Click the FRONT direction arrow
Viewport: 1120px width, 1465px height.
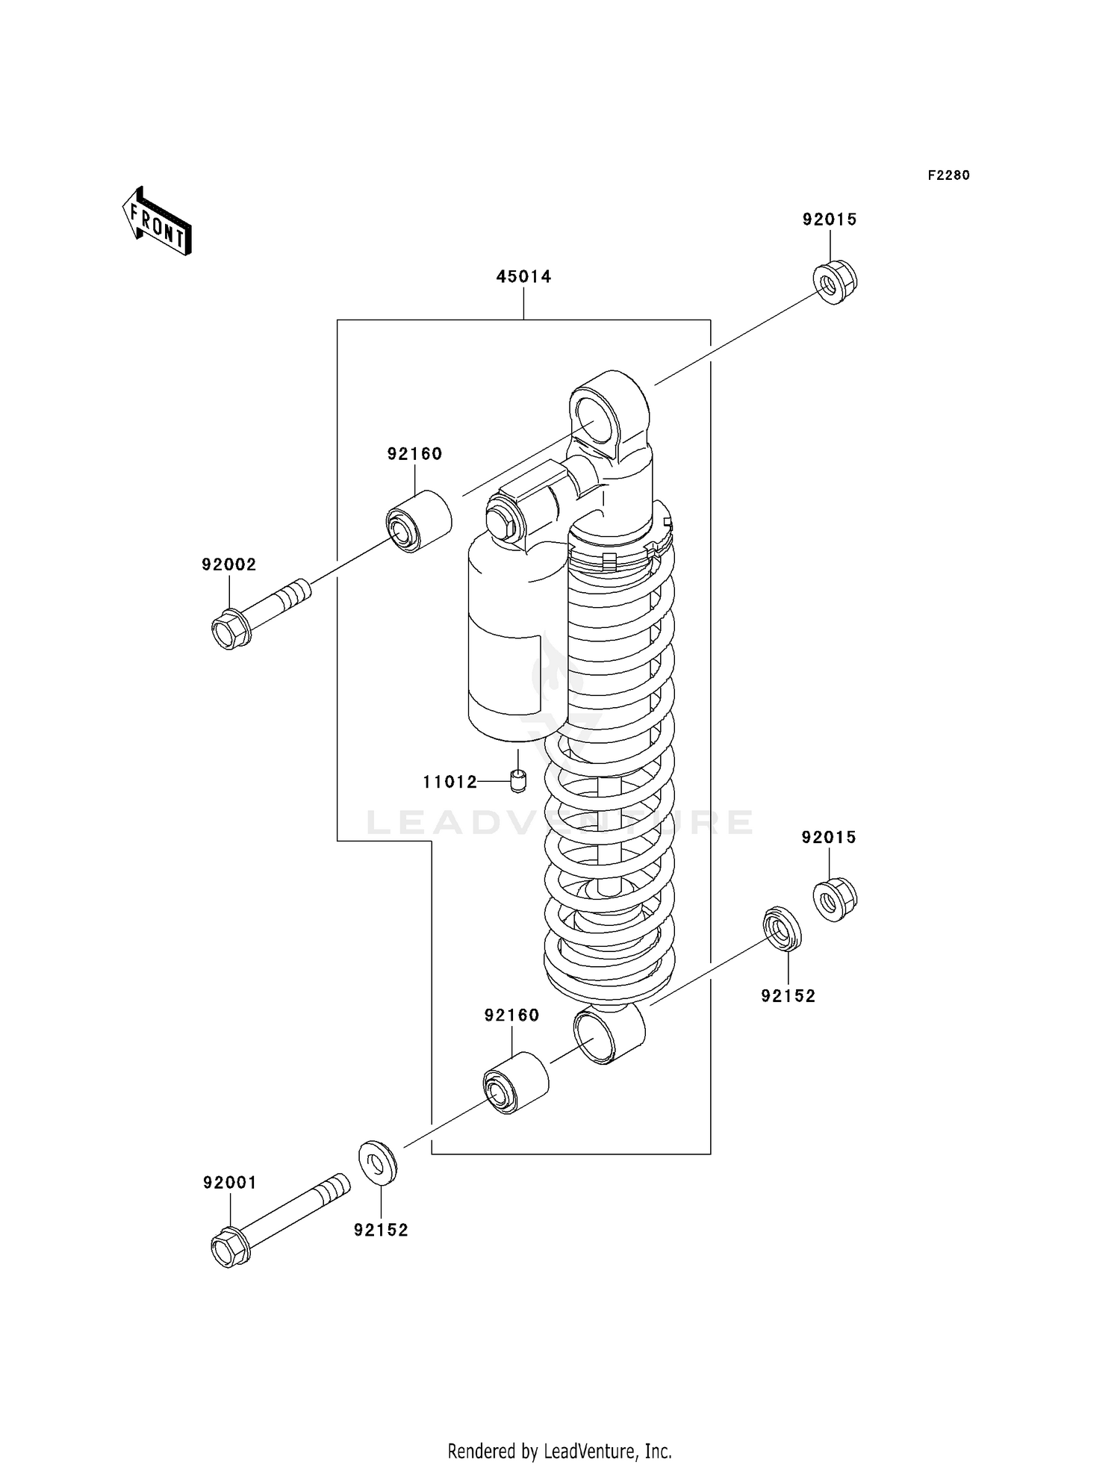pyautogui.click(x=158, y=222)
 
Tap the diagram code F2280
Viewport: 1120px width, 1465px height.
pyautogui.click(x=948, y=175)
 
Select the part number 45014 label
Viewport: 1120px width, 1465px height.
pyautogui.click(x=523, y=277)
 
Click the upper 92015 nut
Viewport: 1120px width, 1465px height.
pyautogui.click(x=834, y=282)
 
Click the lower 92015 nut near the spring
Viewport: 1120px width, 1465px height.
pyautogui.click(x=834, y=900)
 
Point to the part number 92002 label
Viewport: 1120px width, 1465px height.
pyautogui.click(x=228, y=565)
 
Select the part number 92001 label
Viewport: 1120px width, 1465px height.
pyautogui.click(x=229, y=1183)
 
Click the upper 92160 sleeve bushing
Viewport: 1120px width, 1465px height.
pyautogui.click(x=418, y=521)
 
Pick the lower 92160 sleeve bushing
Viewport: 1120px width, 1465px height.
pyautogui.click(x=515, y=1083)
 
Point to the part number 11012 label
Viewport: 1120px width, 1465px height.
pyautogui.click(x=449, y=783)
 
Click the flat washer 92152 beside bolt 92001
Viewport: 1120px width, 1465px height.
pyautogui.click(x=378, y=1162)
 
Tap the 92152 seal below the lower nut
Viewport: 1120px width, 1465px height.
pyautogui.click(x=782, y=929)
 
